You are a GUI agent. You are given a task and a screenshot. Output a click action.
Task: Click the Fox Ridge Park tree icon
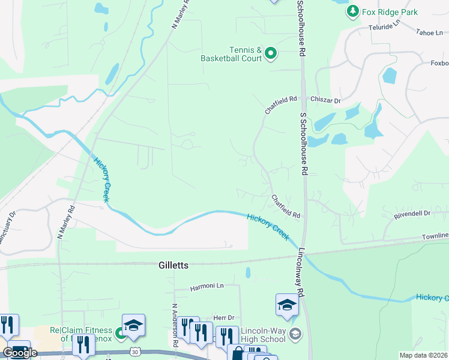352,11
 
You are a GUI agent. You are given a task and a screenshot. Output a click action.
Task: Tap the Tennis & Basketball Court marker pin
271,54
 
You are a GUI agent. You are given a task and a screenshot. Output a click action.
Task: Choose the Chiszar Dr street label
325,100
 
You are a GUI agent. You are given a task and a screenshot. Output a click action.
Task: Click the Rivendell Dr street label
412,213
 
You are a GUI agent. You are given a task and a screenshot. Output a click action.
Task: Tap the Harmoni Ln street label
207,287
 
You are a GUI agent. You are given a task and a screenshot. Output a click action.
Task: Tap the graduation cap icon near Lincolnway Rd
287,306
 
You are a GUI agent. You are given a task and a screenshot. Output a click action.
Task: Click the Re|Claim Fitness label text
81,331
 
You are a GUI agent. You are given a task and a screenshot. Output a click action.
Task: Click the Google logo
19,353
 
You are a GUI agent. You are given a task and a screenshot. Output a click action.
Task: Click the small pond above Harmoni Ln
248,273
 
